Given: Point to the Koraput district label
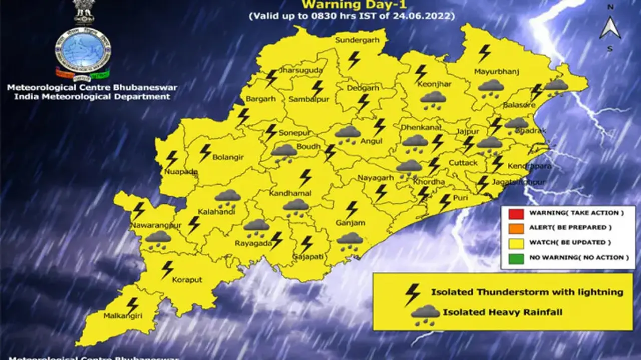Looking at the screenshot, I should pyautogui.click(x=187, y=280).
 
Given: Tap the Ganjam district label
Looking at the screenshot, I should pyautogui.click(x=351, y=223).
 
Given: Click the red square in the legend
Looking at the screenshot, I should pyautogui.click(x=516, y=214).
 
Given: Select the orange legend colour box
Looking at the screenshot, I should pyautogui.click(x=516, y=228).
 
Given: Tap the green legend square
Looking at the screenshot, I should pyautogui.click(x=516, y=258).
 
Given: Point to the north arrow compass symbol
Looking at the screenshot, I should pyautogui.click(x=610, y=28).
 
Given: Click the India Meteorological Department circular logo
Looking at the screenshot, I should pyautogui.click(x=83, y=53).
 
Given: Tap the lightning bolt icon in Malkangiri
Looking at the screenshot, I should pyautogui.click(x=132, y=305).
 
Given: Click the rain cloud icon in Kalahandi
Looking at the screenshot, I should pyautogui.click(x=228, y=197).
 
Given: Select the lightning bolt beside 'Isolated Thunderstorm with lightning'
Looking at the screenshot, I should pyautogui.click(x=413, y=294).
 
